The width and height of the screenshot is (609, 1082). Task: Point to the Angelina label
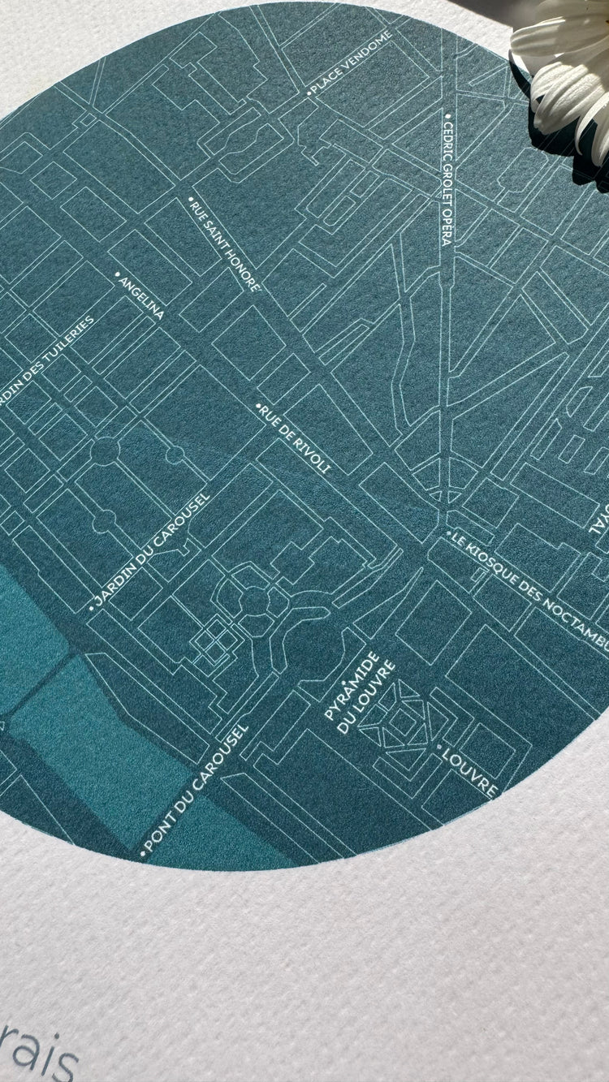tap(141, 298)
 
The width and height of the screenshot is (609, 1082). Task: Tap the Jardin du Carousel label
tap(152, 549)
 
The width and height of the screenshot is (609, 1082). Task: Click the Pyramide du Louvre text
tap(358, 692)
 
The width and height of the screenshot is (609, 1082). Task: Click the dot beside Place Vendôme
tap(309, 94)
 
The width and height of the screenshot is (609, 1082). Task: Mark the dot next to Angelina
tap(118, 275)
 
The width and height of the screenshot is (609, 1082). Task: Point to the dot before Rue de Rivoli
tap(259, 405)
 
